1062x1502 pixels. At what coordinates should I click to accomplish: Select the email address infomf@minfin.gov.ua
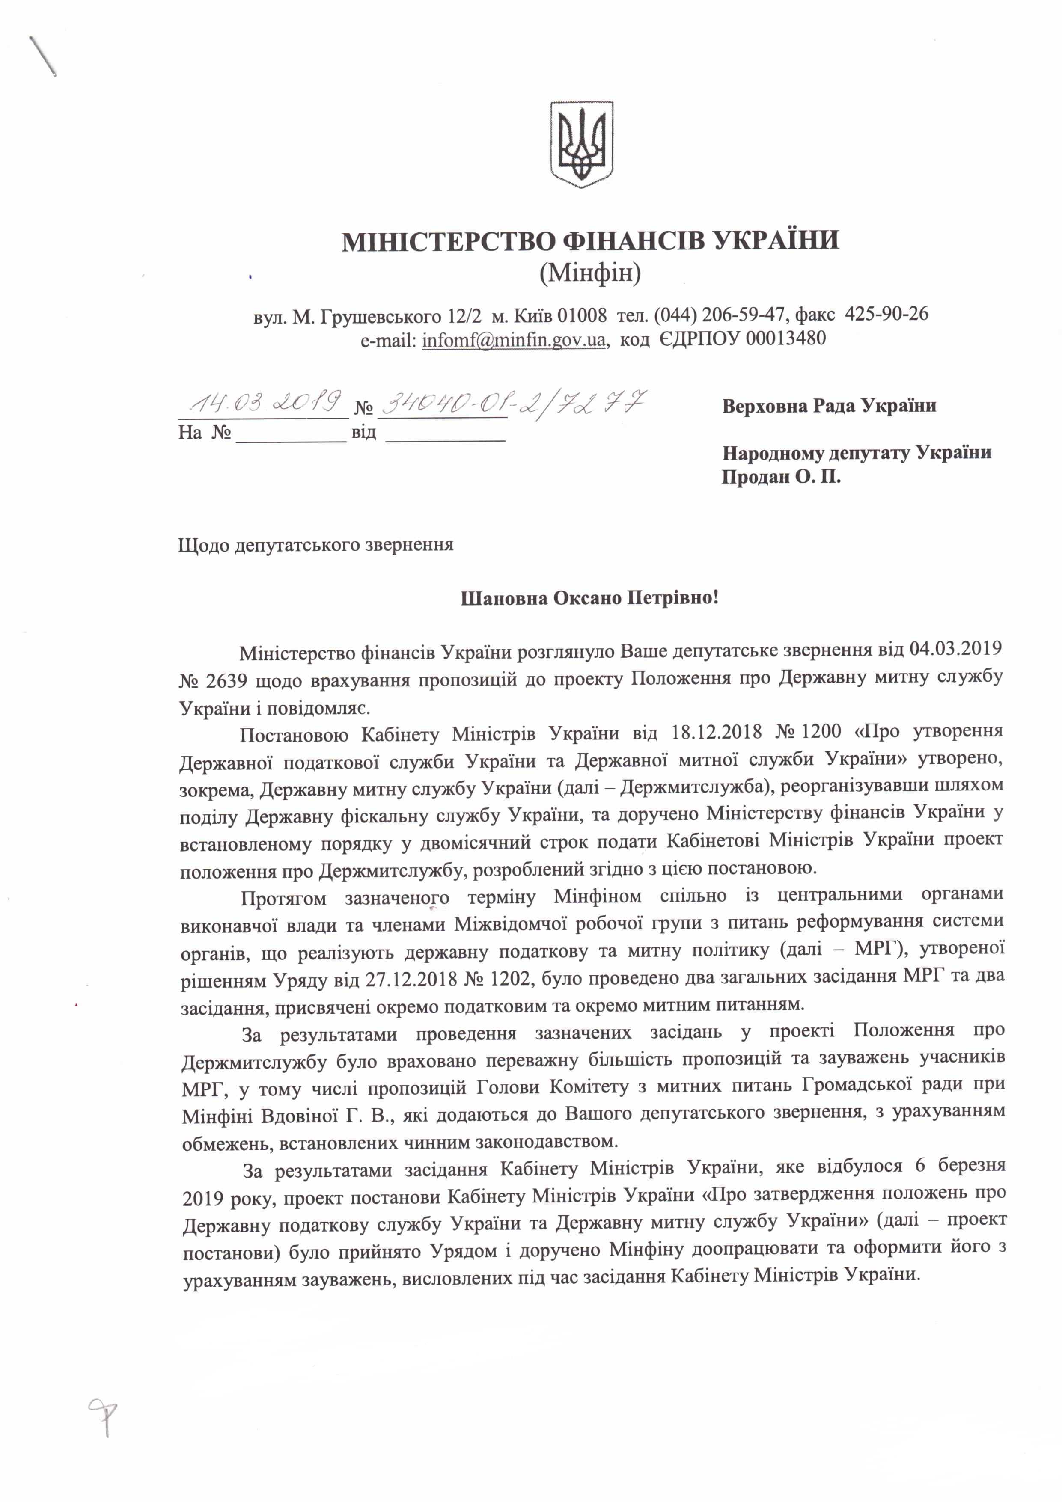[514, 339]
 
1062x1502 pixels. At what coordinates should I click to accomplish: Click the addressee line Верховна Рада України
[829, 406]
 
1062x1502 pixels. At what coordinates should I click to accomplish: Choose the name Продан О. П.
[781, 477]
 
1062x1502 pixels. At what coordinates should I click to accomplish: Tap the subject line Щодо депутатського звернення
[315, 544]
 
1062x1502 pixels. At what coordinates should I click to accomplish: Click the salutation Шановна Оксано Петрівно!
[589, 599]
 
